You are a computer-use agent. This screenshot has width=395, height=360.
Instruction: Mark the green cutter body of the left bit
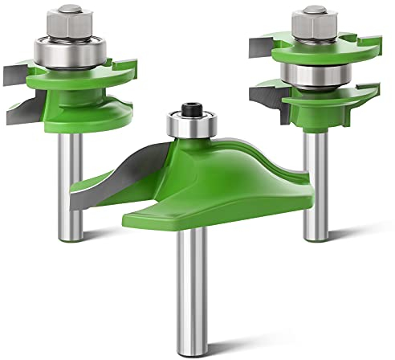click(88, 92)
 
